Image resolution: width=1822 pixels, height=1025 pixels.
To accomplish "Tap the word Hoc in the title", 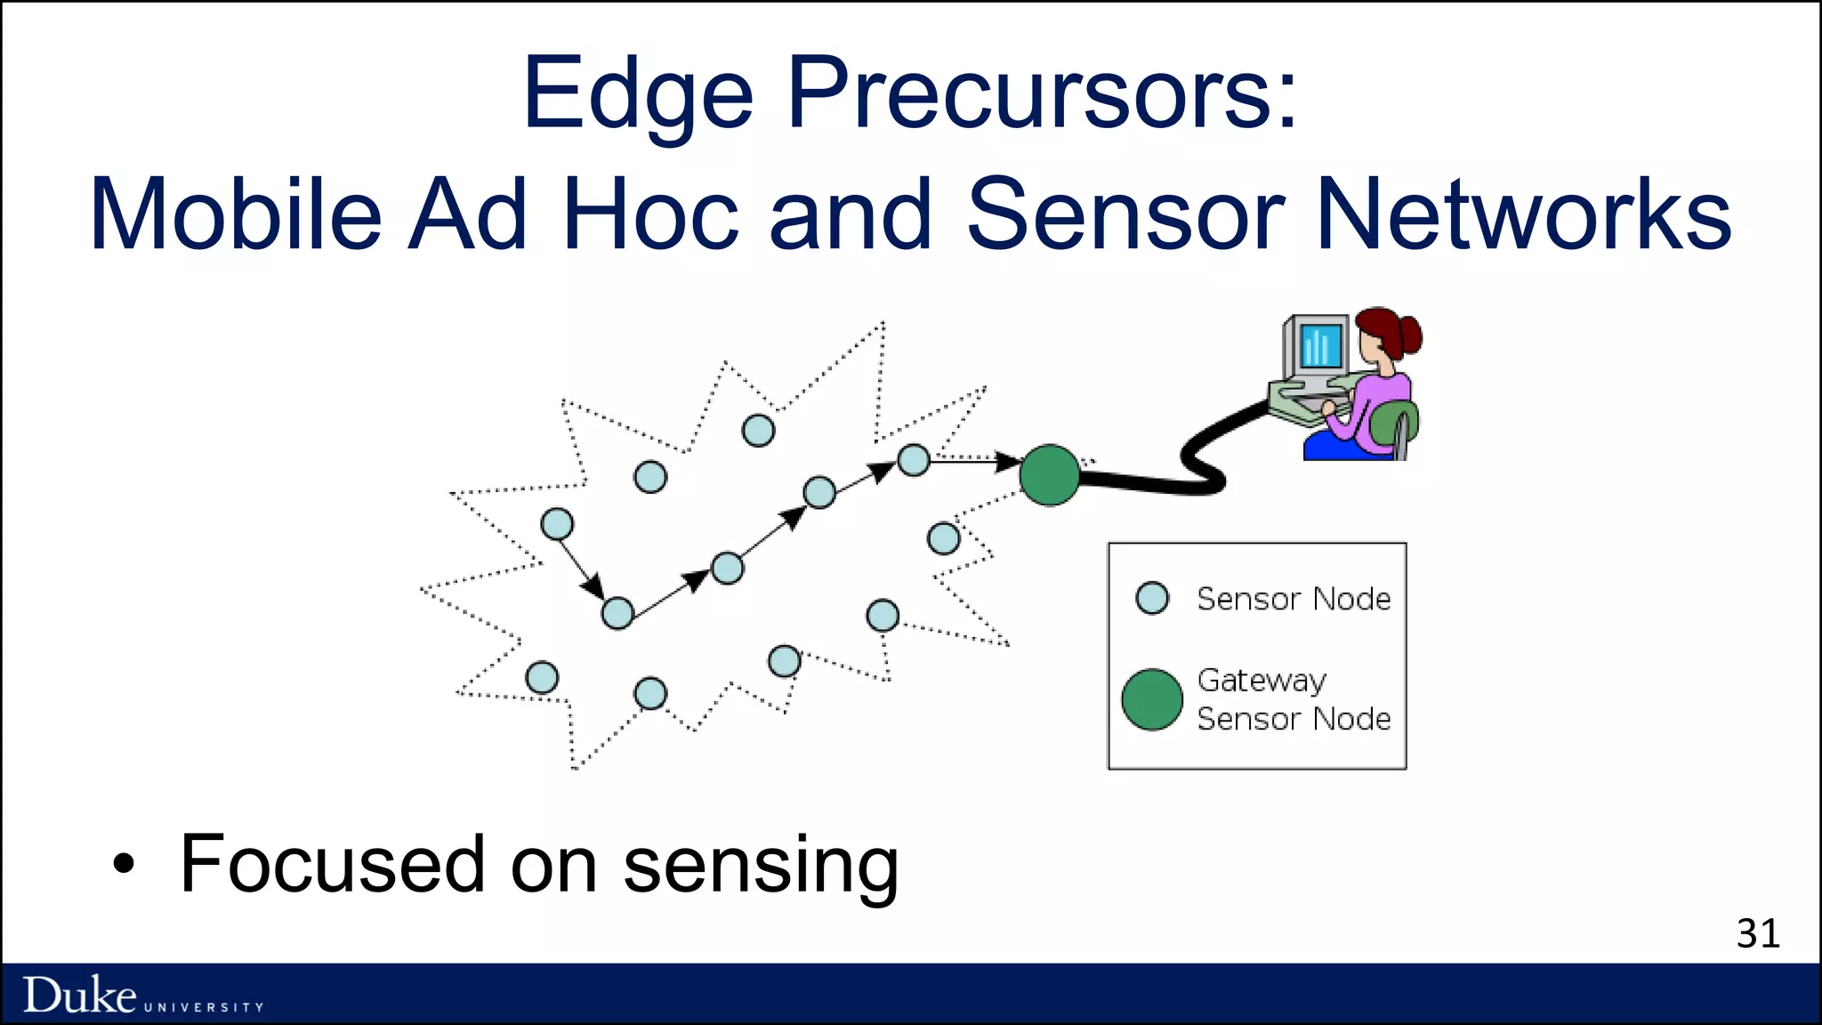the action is point(650,214).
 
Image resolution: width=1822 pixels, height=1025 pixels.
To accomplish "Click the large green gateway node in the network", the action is point(1050,475).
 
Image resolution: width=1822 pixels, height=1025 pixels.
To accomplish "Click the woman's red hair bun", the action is point(1407,335).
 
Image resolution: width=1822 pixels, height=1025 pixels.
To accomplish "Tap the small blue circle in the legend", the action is point(1152,598).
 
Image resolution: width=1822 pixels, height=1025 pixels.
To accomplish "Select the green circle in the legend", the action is point(1152,699).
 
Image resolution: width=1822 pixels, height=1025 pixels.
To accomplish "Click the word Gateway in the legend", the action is point(1262,681).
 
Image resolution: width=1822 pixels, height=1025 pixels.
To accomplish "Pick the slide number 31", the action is point(1758,933).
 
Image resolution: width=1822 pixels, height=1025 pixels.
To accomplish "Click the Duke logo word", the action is point(80,995).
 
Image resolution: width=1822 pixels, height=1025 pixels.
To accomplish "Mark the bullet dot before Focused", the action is point(124,863).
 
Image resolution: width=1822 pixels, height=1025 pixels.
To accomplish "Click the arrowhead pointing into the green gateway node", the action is point(1007,462).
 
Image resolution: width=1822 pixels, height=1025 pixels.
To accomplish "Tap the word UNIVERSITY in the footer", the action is point(204,1007).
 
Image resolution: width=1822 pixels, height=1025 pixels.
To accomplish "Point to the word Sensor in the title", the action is point(1125,214).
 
